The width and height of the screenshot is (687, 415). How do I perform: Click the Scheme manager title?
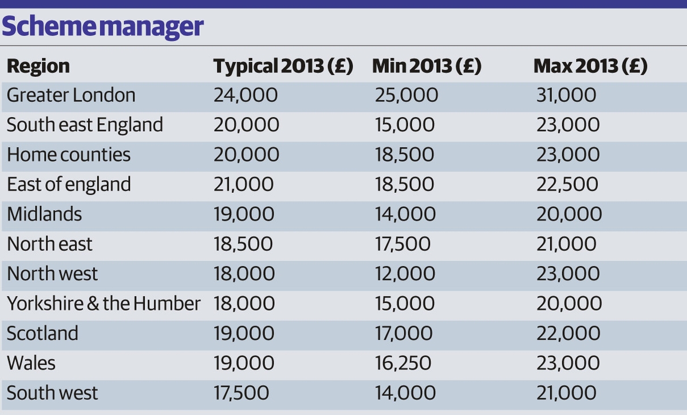coord(104,26)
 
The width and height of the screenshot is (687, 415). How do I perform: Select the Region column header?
coord(38,66)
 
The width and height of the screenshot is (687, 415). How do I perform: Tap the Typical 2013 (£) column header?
coord(283,66)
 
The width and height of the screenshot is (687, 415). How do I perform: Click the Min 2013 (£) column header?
coord(427,66)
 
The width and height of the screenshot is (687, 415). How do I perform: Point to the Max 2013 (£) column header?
coord(590,66)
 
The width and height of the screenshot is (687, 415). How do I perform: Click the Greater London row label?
coord(71,95)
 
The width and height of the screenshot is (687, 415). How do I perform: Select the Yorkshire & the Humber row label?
coord(104,303)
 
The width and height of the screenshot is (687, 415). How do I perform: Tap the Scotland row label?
coord(42,333)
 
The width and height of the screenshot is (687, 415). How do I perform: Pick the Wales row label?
coord(31,363)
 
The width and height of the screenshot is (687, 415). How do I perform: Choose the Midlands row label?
coord(45,214)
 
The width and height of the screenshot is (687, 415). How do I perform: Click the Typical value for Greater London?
coord(246,95)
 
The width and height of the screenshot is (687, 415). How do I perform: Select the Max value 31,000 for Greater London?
coord(566,95)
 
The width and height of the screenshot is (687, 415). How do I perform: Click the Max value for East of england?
coord(567,184)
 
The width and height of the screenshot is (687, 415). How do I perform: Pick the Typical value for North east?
coord(243,244)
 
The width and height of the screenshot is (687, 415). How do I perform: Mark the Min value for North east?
coord(402,244)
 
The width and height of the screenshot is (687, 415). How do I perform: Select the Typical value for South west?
coord(241,393)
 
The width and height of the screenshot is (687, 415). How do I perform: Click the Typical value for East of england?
coord(244,184)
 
